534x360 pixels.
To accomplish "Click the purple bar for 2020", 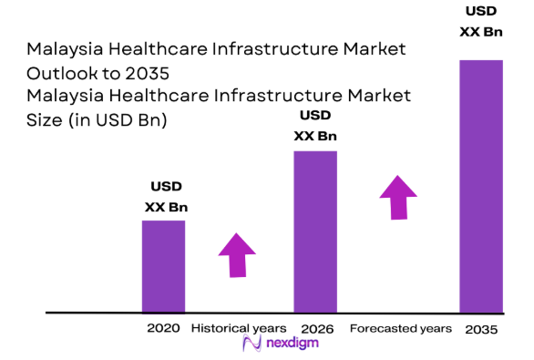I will tap(163, 266).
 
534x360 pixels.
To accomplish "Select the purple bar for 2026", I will tap(315, 231).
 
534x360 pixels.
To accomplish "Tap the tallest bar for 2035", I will tap(480, 186).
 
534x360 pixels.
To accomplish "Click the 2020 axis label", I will tap(163, 328).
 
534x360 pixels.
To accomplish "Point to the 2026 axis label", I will tap(316, 328).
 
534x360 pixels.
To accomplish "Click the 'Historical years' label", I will tap(238, 328).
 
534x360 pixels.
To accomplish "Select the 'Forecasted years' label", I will tap(400, 328).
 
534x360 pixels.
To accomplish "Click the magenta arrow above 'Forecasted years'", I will tap(398, 196).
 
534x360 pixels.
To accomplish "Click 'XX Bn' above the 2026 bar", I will tap(315, 137).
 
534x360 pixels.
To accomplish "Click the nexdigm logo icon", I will tap(252, 345).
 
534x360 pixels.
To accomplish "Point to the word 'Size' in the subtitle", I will tap(46, 118).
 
